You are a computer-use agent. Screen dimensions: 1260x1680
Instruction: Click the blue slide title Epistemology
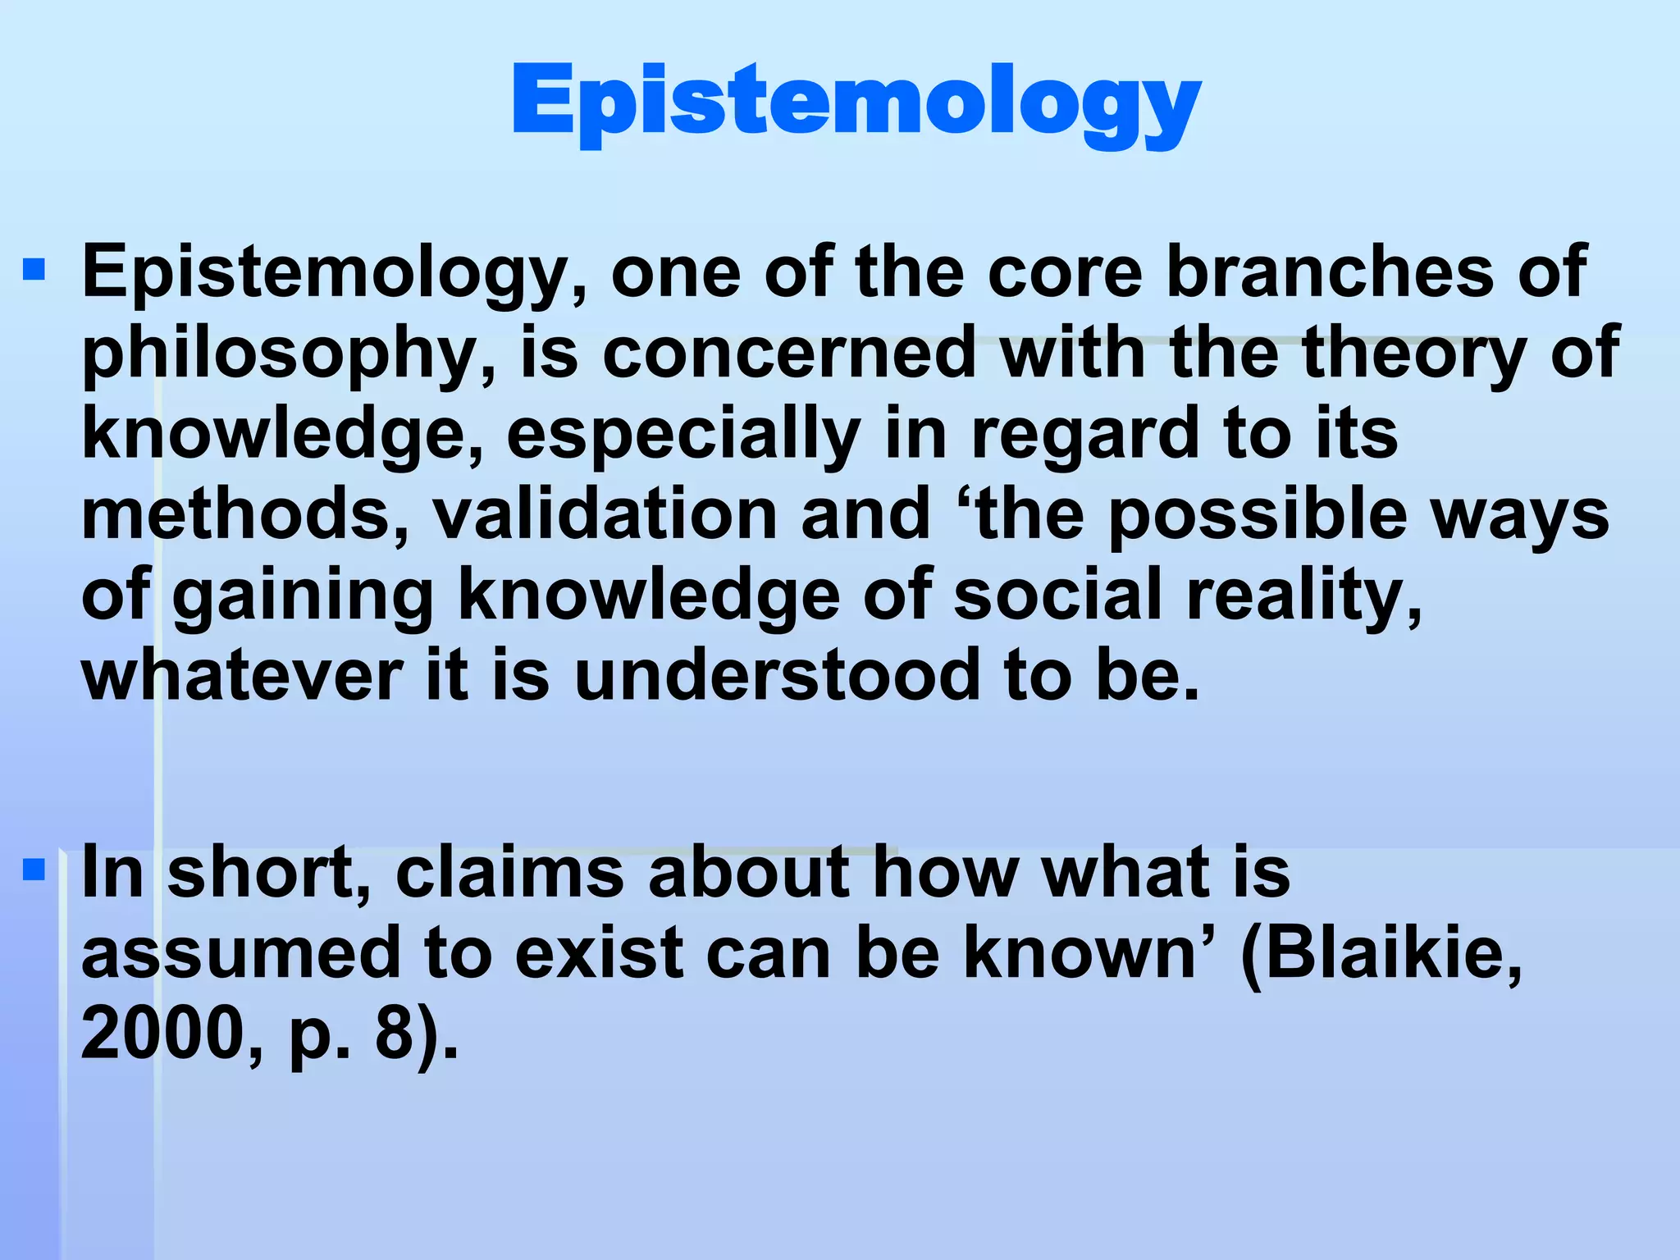856,103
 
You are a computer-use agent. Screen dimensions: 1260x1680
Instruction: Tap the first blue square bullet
34,270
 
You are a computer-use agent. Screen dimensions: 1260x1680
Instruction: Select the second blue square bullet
34,869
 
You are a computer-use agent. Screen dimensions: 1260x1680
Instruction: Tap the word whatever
243,676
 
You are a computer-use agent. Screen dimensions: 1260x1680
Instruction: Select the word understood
776,676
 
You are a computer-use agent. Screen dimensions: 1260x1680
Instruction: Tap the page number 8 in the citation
395,1034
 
